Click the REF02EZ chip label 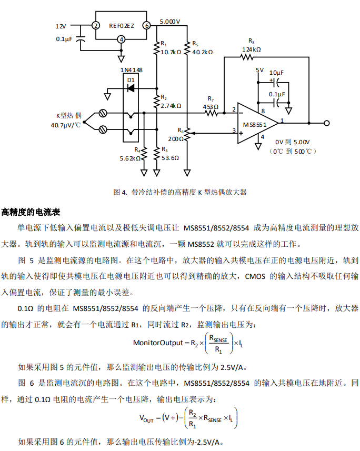coord(121,25)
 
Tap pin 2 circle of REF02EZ coord(96,25)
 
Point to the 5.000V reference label coord(169,22)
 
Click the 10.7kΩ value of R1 coord(171,52)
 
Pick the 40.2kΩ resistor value coord(203,52)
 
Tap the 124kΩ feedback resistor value coord(252,49)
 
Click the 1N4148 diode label coord(131,70)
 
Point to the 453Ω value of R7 coord(211,107)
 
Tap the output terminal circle coord(327,123)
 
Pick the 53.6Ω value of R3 coord(170,157)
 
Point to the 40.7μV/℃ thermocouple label coord(66,126)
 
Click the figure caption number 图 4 coord(121,192)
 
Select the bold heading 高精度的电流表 coord(31,212)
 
